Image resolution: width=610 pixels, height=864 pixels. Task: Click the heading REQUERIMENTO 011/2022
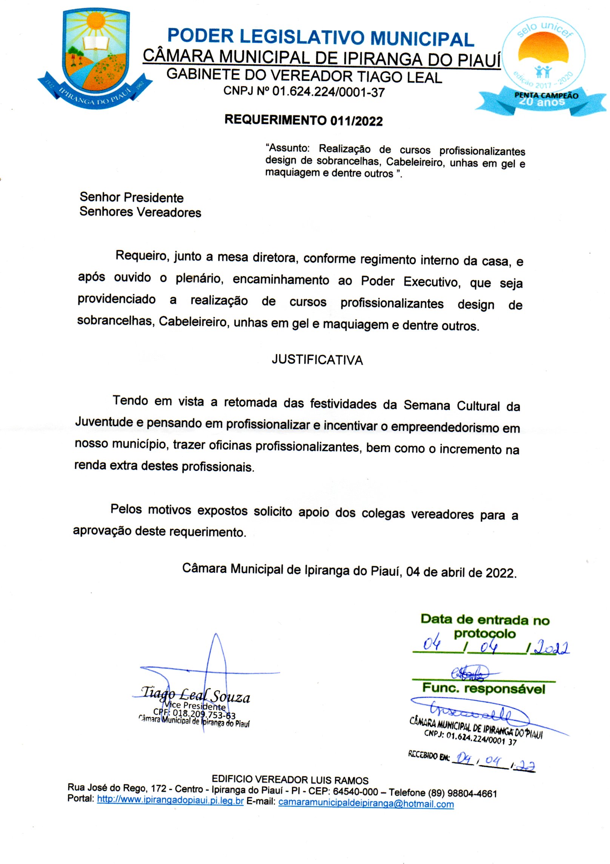303,120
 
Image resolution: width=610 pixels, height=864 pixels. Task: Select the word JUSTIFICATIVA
317,360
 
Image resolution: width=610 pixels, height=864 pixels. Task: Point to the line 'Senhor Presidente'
131,197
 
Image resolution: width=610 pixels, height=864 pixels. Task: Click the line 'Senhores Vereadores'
140,212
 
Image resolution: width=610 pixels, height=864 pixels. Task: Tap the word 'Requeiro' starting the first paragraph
142,256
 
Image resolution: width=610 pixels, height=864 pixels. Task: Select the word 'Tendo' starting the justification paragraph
130,400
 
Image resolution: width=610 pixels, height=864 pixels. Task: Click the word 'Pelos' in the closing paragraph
126,509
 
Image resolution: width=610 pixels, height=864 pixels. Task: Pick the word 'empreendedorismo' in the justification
445,427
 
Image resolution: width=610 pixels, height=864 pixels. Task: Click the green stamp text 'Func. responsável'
483,688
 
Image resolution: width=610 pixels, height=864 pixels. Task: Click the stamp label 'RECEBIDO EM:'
429,755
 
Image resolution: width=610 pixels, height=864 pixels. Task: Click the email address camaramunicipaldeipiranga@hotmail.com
366,803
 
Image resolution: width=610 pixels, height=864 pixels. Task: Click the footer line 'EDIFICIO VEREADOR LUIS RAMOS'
290,779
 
